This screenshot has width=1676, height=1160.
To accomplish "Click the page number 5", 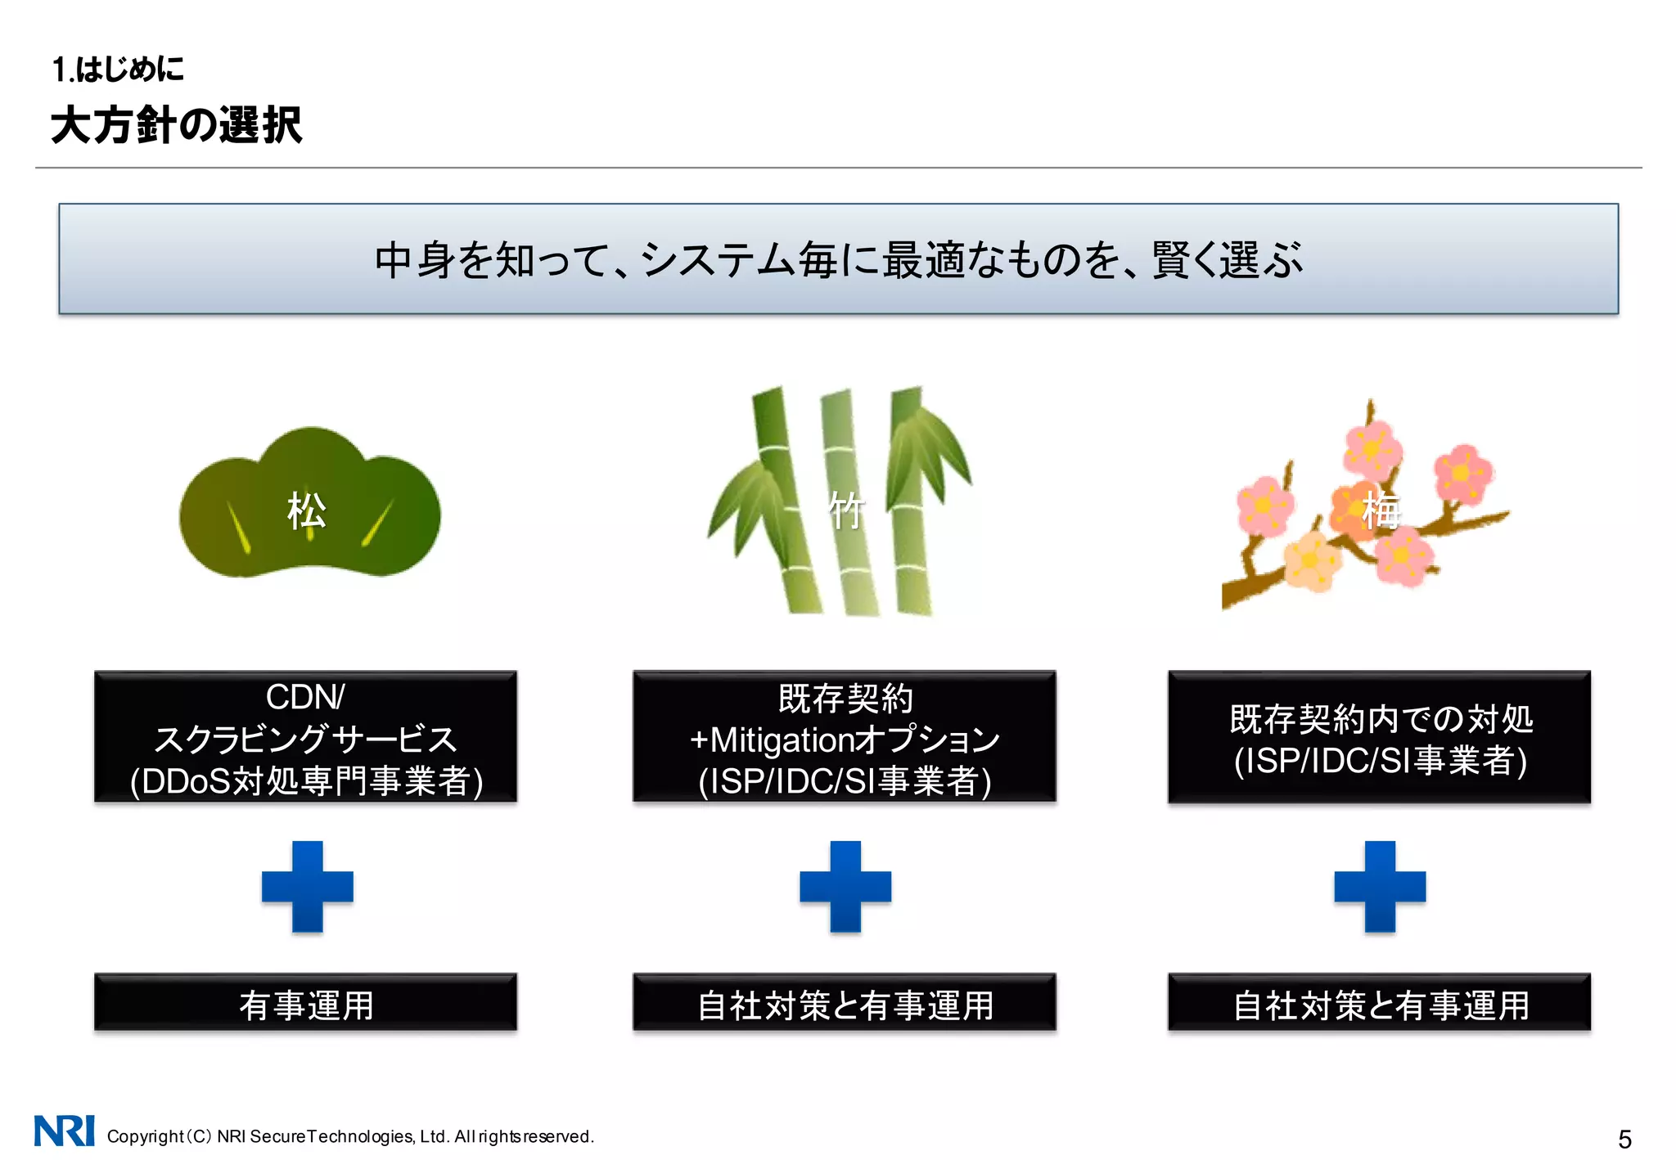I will coord(1624,1139).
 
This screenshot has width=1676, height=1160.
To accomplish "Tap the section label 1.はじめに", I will coord(118,70).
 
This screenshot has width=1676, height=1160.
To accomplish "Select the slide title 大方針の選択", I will coord(176,125).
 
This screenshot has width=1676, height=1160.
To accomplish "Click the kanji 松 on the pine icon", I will coord(307,511).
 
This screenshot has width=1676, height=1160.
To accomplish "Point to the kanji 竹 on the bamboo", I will coord(845,512).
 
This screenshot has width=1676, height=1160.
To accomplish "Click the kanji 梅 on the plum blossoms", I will coord(1381,511).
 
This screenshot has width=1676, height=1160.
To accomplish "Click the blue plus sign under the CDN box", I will coord(307,887).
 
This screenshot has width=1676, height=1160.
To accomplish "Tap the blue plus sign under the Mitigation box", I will coord(845,887).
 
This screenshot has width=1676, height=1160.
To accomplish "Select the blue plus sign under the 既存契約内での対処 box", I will coord(1380,887).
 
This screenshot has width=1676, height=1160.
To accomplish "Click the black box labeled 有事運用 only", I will coord(305,1003).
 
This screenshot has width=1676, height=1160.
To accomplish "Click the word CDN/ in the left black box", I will coord(305,697).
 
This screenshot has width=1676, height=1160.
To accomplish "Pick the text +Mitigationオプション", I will coord(845,740).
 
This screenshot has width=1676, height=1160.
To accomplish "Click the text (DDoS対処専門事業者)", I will coord(306,781).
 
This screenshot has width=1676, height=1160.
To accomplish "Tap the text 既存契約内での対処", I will coord(1381,719).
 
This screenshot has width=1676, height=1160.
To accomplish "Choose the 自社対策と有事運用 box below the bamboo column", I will coord(845,1003).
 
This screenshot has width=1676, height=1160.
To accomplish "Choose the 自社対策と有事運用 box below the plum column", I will coord(1380,1003).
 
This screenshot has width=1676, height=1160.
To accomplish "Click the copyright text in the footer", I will coord(350,1136).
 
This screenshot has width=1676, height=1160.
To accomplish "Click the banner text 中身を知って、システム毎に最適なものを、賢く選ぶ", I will coord(838,259).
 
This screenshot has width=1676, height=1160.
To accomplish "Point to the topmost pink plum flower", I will coord(1372,449).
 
